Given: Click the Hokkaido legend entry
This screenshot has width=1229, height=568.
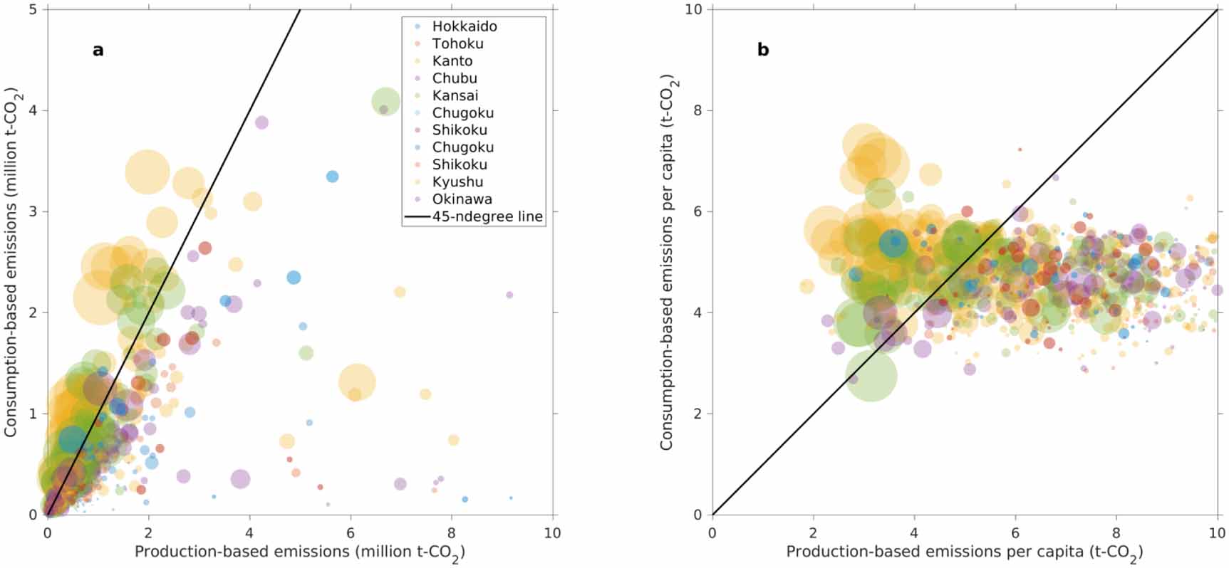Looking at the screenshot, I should click(464, 26).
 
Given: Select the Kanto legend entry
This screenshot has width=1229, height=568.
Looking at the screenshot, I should click(452, 61).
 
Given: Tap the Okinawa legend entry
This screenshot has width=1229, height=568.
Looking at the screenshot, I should click(462, 199).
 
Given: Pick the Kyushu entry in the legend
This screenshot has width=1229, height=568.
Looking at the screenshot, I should click(457, 182).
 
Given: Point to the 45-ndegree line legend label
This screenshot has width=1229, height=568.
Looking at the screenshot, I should click(487, 216).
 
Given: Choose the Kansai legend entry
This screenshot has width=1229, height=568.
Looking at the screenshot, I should click(455, 95).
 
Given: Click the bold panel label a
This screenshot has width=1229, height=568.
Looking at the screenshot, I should click(98, 50).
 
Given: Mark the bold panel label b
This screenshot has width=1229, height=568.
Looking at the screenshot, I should click(763, 50).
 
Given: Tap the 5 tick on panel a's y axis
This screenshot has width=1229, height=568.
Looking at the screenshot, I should click(33, 9).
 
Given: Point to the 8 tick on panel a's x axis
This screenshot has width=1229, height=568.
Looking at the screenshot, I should click(452, 532).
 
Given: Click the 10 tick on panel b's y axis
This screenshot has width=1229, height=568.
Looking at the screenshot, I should click(694, 9).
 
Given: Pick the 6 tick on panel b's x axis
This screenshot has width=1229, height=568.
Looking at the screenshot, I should click(1015, 532).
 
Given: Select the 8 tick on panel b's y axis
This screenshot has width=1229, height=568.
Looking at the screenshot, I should click(698, 110).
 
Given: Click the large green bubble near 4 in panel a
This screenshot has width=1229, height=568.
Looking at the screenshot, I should click(385, 102).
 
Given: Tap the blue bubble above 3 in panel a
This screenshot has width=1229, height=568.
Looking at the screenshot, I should click(332, 177).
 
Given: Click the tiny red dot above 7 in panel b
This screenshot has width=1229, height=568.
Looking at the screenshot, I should click(1020, 149).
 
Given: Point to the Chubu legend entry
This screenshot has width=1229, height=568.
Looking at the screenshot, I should click(454, 78).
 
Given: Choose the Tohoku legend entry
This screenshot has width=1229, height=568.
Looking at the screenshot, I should click(457, 43).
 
